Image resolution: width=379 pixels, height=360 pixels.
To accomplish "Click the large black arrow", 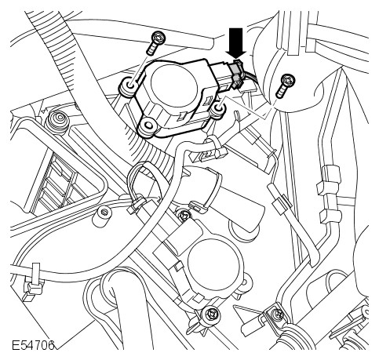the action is tap(238, 42).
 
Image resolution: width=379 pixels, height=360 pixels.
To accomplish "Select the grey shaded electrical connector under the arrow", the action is tap(235, 73).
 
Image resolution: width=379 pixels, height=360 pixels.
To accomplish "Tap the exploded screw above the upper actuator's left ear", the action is tap(155, 42).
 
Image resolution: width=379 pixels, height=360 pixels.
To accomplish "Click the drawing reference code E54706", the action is tap(33, 345).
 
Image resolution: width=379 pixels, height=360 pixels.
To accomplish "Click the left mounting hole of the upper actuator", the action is tap(129, 85).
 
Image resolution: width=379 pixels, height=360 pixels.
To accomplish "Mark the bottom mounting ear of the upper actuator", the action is tap(148, 126).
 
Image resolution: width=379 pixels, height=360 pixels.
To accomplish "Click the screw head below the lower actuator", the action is tap(211, 313).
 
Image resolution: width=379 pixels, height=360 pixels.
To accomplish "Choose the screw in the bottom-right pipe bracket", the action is tap(277, 313).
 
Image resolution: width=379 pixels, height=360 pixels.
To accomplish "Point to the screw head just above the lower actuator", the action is tap(184, 215).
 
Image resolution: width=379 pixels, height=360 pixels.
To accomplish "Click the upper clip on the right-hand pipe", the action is tap(330, 180).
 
